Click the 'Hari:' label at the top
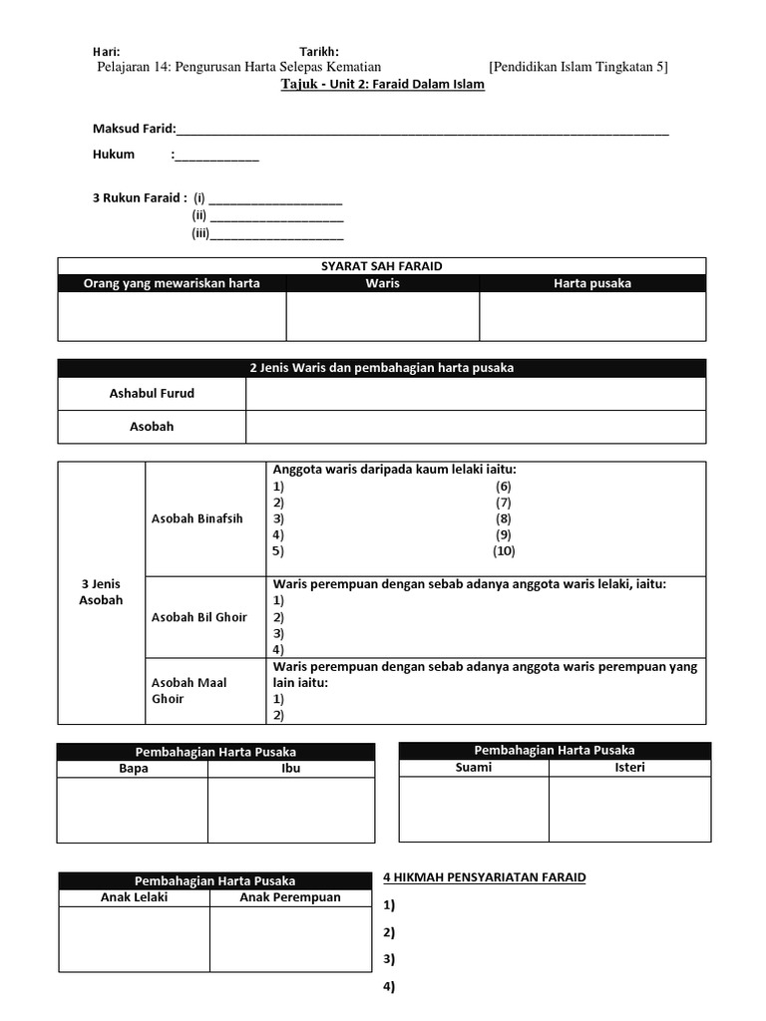[x=107, y=51]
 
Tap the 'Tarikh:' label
[x=319, y=51]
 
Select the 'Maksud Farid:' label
[x=134, y=129]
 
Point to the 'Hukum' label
[x=114, y=155]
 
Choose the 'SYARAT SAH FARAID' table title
[x=382, y=266]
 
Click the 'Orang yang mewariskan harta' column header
[x=172, y=283]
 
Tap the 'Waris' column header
[x=382, y=283]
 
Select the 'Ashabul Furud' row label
[x=152, y=393]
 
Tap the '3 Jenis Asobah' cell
[x=101, y=591]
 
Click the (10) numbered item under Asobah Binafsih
[x=504, y=550]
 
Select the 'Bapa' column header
[x=133, y=769]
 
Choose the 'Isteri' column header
[x=630, y=767]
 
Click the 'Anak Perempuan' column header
[x=290, y=896]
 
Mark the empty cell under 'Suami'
[x=474, y=808]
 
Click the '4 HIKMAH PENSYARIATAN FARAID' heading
[x=485, y=877]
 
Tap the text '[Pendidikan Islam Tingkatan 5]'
[x=578, y=67]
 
